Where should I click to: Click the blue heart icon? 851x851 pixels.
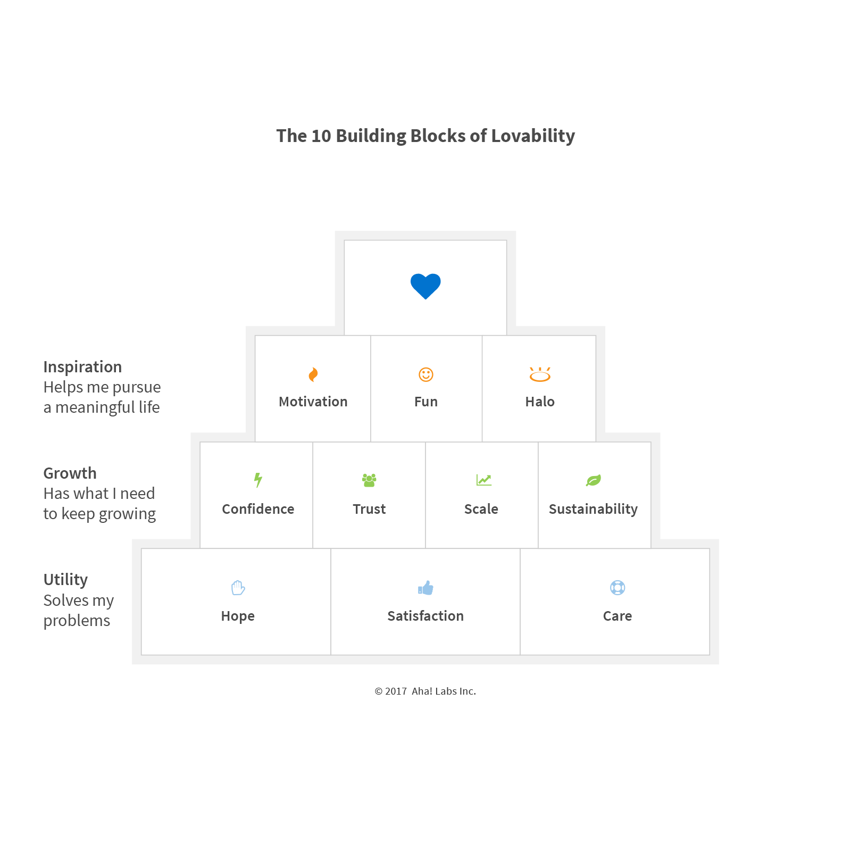(x=425, y=286)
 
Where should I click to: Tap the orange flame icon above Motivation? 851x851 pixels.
(x=313, y=375)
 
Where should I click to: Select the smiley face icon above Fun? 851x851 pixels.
(x=426, y=374)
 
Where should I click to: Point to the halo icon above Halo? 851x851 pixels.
(x=540, y=375)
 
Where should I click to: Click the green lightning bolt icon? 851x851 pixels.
(x=258, y=480)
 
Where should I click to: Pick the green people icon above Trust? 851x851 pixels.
(x=369, y=480)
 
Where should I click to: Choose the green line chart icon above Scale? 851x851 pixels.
(x=484, y=480)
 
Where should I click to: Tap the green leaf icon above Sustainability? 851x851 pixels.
(x=594, y=480)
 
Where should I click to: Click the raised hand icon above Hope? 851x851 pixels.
(x=238, y=588)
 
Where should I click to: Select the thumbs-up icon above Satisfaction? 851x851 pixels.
(x=425, y=588)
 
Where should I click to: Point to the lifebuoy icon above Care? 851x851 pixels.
(x=618, y=588)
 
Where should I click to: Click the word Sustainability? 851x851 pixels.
(x=593, y=509)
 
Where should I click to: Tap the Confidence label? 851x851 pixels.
(x=258, y=509)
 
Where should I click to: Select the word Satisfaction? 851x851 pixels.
(x=425, y=616)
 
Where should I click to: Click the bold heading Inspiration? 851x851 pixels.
(x=82, y=367)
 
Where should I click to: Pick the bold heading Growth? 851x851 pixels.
(x=70, y=473)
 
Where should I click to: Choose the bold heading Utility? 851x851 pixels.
(x=65, y=580)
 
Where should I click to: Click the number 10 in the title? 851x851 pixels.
(x=321, y=136)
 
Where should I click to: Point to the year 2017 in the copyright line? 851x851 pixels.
(x=396, y=691)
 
